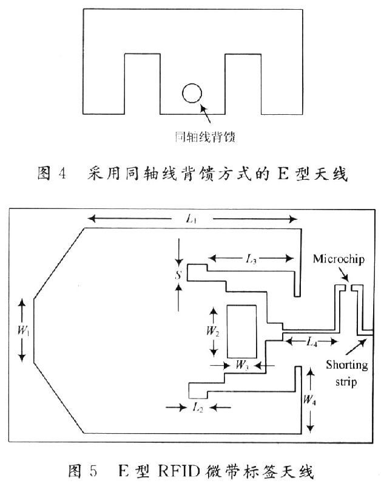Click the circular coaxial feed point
[192, 93]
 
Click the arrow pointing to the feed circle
[206, 112]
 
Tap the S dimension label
[178, 275]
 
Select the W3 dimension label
[241, 366]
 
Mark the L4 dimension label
[311, 342]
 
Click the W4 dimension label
[310, 400]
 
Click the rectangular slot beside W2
[241, 331]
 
